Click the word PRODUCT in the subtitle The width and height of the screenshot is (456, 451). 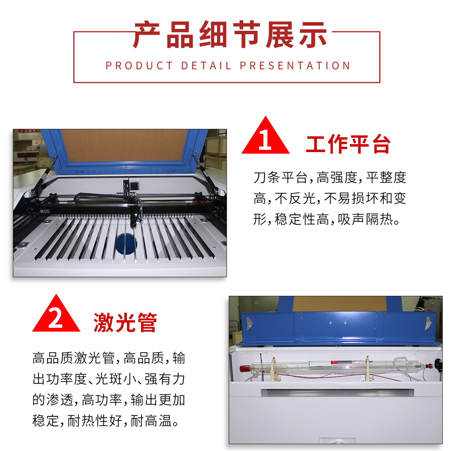click(x=139, y=66)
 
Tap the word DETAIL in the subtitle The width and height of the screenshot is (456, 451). click(x=206, y=66)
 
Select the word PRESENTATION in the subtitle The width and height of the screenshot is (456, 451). click(x=295, y=66)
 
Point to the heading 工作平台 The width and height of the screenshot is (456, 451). click(x=348, y=144)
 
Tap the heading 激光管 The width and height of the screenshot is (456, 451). click(x=125, y=322)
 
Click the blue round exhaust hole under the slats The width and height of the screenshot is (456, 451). click(x=126, y=244)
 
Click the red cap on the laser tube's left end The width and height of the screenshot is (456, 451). click(x=244, y=368)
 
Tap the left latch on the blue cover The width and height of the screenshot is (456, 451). click(x=249, y=324)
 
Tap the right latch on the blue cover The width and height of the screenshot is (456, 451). click(x=427, y=323)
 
